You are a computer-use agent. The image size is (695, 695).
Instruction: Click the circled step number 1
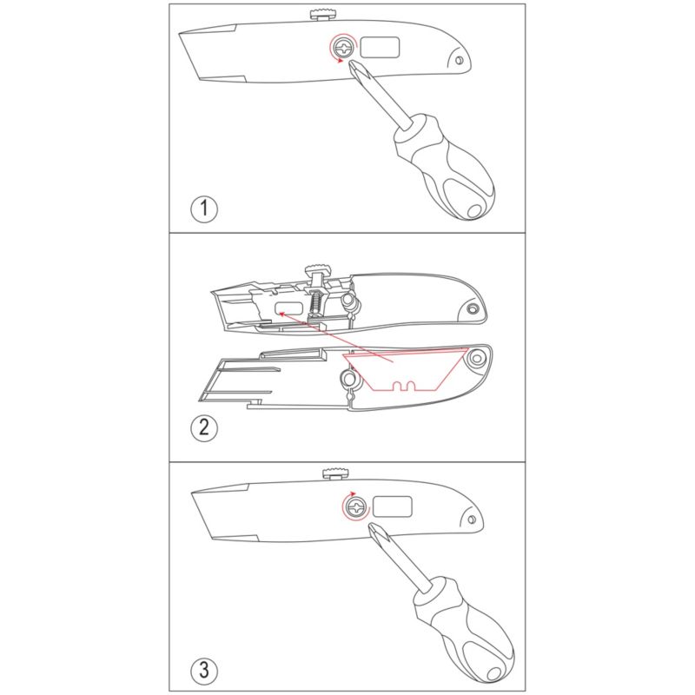coord(204,208)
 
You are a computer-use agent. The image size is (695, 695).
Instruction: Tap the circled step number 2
coord(204,427)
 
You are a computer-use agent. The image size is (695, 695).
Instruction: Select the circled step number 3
coord(204,669)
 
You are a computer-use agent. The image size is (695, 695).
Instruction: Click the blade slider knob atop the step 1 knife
coord(322,15)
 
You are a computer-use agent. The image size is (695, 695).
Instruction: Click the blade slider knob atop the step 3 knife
coord(335,473)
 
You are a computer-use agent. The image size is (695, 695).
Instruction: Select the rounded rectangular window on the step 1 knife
coord(380,48)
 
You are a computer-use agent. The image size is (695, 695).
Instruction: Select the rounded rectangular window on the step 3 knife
coord(393,506)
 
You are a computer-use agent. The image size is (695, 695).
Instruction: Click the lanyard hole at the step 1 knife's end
coord(460,60)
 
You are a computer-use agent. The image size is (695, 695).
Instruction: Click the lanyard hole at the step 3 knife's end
coord(472,520)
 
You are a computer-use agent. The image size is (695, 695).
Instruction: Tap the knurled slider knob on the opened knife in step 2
coord(318,268)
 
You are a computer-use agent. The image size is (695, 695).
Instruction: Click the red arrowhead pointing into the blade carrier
coord(281,314)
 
